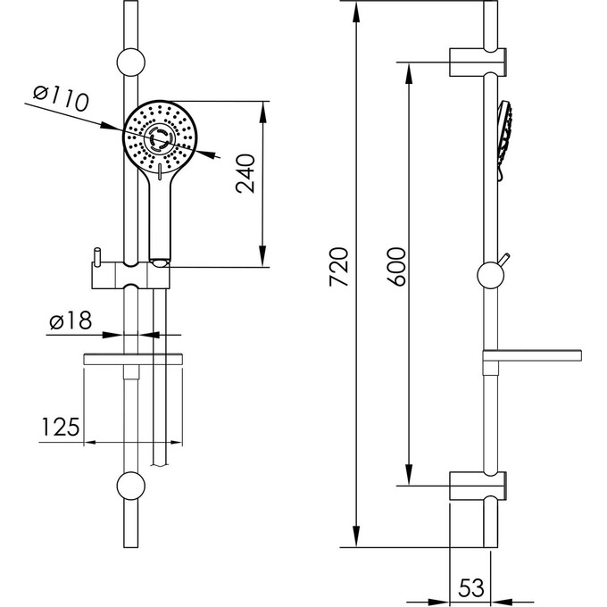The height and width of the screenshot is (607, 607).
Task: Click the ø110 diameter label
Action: pos(62,98)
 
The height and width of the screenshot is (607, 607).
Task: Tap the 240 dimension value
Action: pos(245,173)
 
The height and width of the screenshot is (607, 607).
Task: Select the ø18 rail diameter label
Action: pos(71,320)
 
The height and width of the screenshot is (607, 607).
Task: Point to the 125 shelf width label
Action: pos(60,427)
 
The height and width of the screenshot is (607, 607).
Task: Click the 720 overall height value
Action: pos(339,267)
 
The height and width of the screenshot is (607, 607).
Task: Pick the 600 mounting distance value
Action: pos(396,267)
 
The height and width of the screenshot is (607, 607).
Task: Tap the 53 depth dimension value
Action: pos(471,587)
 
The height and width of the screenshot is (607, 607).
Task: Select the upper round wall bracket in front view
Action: pos(131,62)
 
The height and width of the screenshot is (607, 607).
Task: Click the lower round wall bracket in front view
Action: pos(131,486)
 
